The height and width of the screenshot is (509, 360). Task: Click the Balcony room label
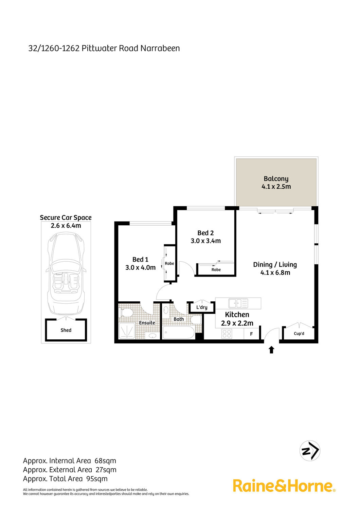(x=276, y=179)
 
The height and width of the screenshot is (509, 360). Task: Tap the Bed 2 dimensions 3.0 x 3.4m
(x=205, y=241)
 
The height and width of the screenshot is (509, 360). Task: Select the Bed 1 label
(x=140, y=259)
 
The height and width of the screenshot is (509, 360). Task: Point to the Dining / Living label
(x=275, y=264)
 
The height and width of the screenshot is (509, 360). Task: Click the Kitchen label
(x=237, y=315)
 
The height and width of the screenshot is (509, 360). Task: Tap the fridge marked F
(x=251, y=334)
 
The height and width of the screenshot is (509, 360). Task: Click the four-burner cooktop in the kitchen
(x=227, y=334)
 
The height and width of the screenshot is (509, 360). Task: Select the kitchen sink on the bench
(x=238, y=303)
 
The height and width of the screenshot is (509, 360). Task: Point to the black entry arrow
(x=271, y=350)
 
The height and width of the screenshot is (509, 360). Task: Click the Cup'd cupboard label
(x=299, y=334)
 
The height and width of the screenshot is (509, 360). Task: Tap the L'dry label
(x=202, y=307)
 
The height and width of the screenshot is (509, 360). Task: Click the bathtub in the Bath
(x=179, y=333)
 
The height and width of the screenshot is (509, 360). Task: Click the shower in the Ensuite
(x=127, y=331)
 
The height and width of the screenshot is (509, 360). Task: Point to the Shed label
(x=66, y=330)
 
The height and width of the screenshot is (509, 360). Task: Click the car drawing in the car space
(x=66, y=274)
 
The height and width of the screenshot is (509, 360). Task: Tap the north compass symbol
(x=310, y=451)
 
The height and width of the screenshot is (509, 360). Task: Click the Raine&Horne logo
(x=284, y=486)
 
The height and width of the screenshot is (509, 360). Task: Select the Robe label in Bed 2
(x=216, y=269)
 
